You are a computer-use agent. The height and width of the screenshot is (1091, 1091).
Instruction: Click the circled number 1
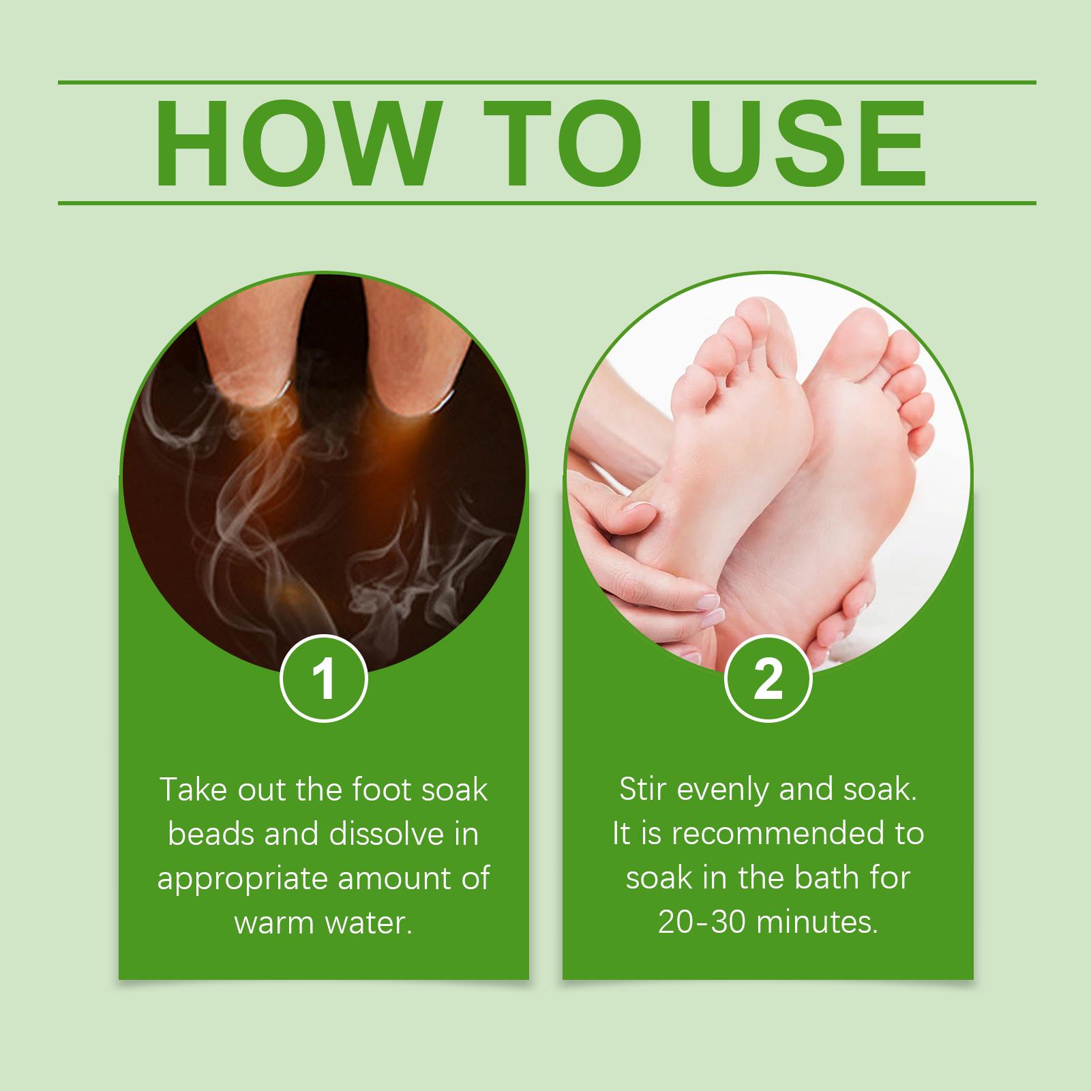coord(325,681)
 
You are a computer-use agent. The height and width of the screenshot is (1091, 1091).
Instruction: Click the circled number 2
coord(768,681)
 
